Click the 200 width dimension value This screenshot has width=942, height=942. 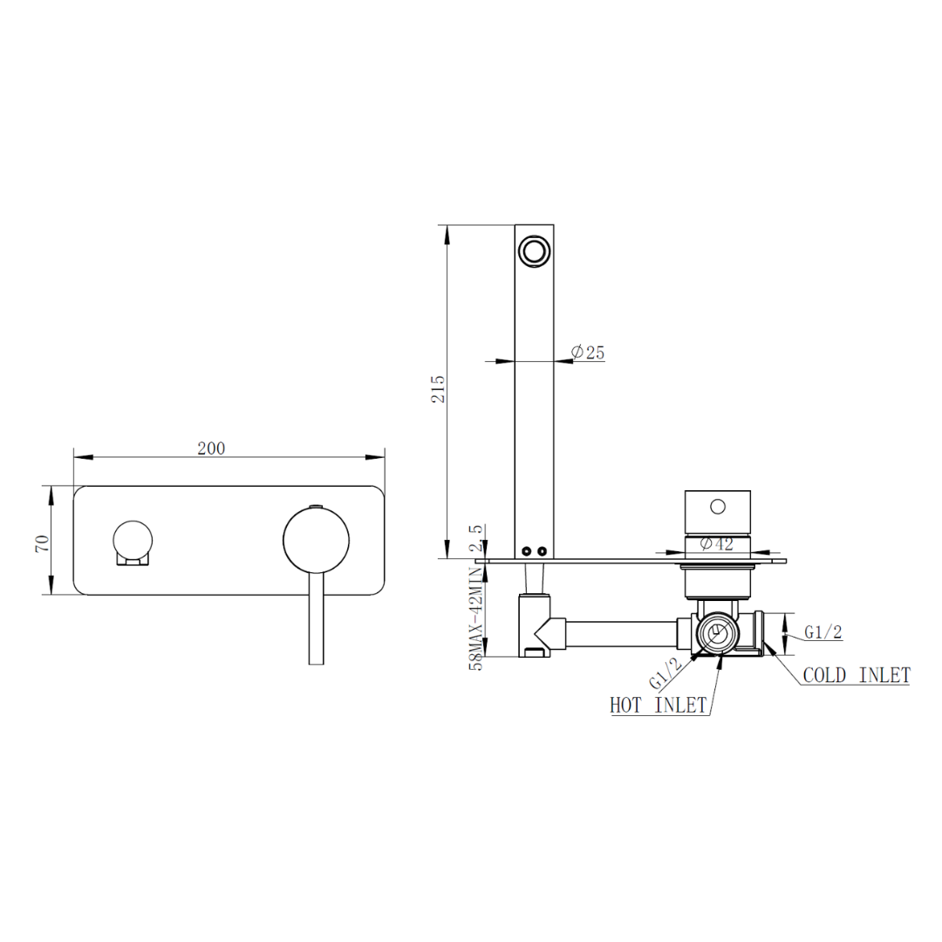tap(211, 448)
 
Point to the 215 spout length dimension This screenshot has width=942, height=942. tap(439, 388)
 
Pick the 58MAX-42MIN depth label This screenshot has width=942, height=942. tap(475, 617)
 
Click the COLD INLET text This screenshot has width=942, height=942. tap(856, 675)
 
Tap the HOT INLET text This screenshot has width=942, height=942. tap(659, 706)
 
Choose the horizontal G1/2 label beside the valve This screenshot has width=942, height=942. tap(823, 632)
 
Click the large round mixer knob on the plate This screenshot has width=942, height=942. tap(316, 541)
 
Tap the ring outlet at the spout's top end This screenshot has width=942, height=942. tap(533, 251)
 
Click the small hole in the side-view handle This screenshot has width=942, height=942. tap(718, 506)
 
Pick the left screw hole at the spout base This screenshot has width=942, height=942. tap(526, 550)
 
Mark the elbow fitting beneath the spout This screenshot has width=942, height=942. tap(536, 625)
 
